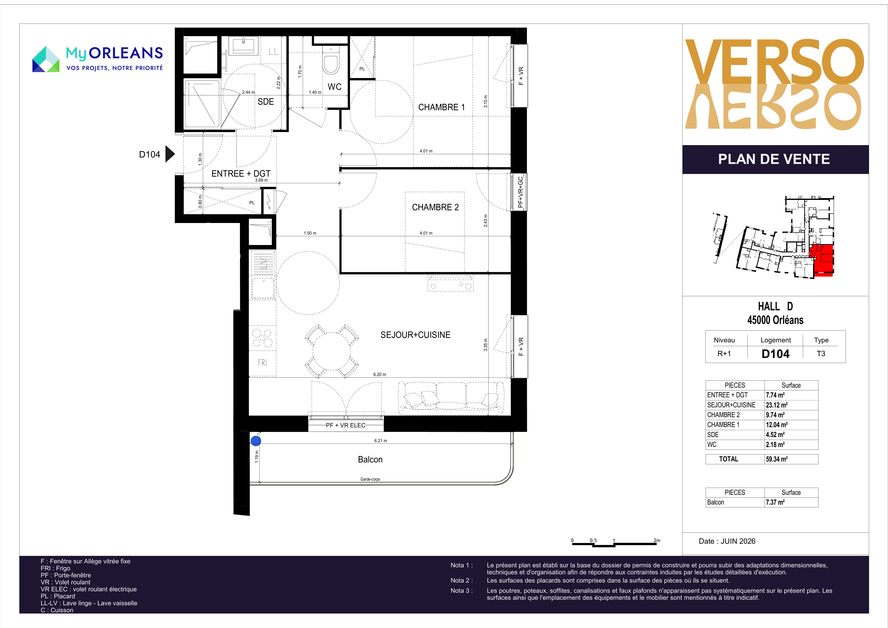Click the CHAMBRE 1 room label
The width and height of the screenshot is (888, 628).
[441, 107]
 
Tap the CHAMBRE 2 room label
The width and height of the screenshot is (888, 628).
[435, 207]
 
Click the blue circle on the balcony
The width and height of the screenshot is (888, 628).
[256, 441]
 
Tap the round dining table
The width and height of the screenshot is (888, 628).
[331, 351]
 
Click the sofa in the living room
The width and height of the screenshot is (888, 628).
[451, 398]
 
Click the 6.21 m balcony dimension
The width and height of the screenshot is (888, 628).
[381, 441]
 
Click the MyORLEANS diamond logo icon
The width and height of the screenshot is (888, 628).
[46, 59]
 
